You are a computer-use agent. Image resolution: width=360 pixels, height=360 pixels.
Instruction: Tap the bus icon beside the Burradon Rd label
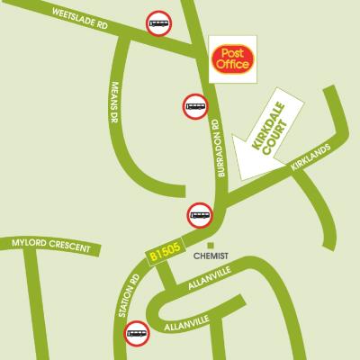[x=195, y=106]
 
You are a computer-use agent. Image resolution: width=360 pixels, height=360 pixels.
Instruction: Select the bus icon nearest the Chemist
[x=200, y=216]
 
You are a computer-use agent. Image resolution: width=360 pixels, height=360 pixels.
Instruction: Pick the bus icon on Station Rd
[x=137, y=335]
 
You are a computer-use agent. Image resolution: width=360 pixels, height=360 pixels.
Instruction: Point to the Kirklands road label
[x=311, y=158]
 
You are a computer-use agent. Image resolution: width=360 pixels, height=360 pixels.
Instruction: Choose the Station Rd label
[x=123, y=298]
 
